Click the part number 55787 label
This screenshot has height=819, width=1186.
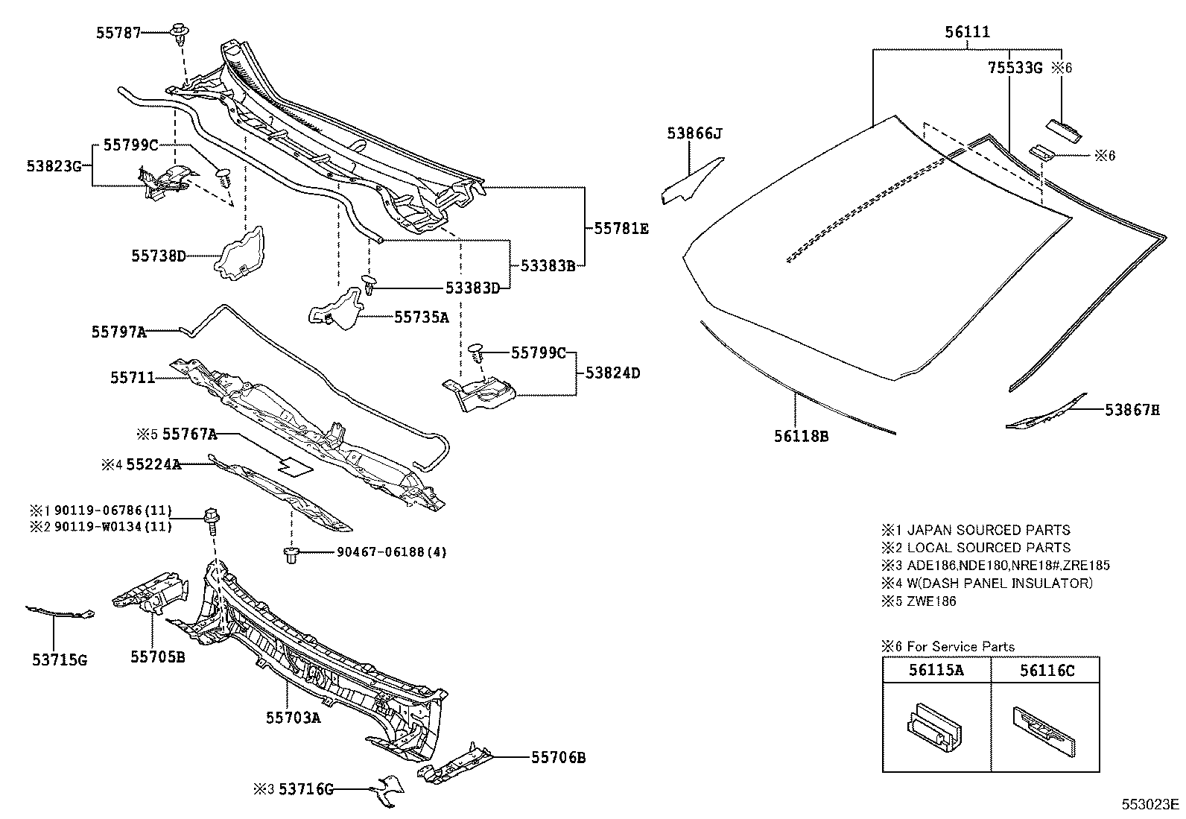tap(118, 33)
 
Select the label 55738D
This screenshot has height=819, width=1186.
tap(159, 256)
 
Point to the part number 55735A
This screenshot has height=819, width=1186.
tap(422, 317)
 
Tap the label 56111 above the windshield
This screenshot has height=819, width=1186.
tap(967, 32)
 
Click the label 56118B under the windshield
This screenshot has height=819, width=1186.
tap(801, 436)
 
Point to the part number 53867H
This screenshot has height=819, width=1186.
tap(1132, 409)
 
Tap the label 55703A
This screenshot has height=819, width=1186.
tap(294, 717)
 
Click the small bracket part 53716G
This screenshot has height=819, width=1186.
tap(387, 791)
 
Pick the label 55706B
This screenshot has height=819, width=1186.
tap(558, 758)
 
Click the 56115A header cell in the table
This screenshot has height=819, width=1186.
tap(936, 670)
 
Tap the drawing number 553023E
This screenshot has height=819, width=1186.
tap(1152, 804)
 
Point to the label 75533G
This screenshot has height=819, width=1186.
tap(1015, 68)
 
